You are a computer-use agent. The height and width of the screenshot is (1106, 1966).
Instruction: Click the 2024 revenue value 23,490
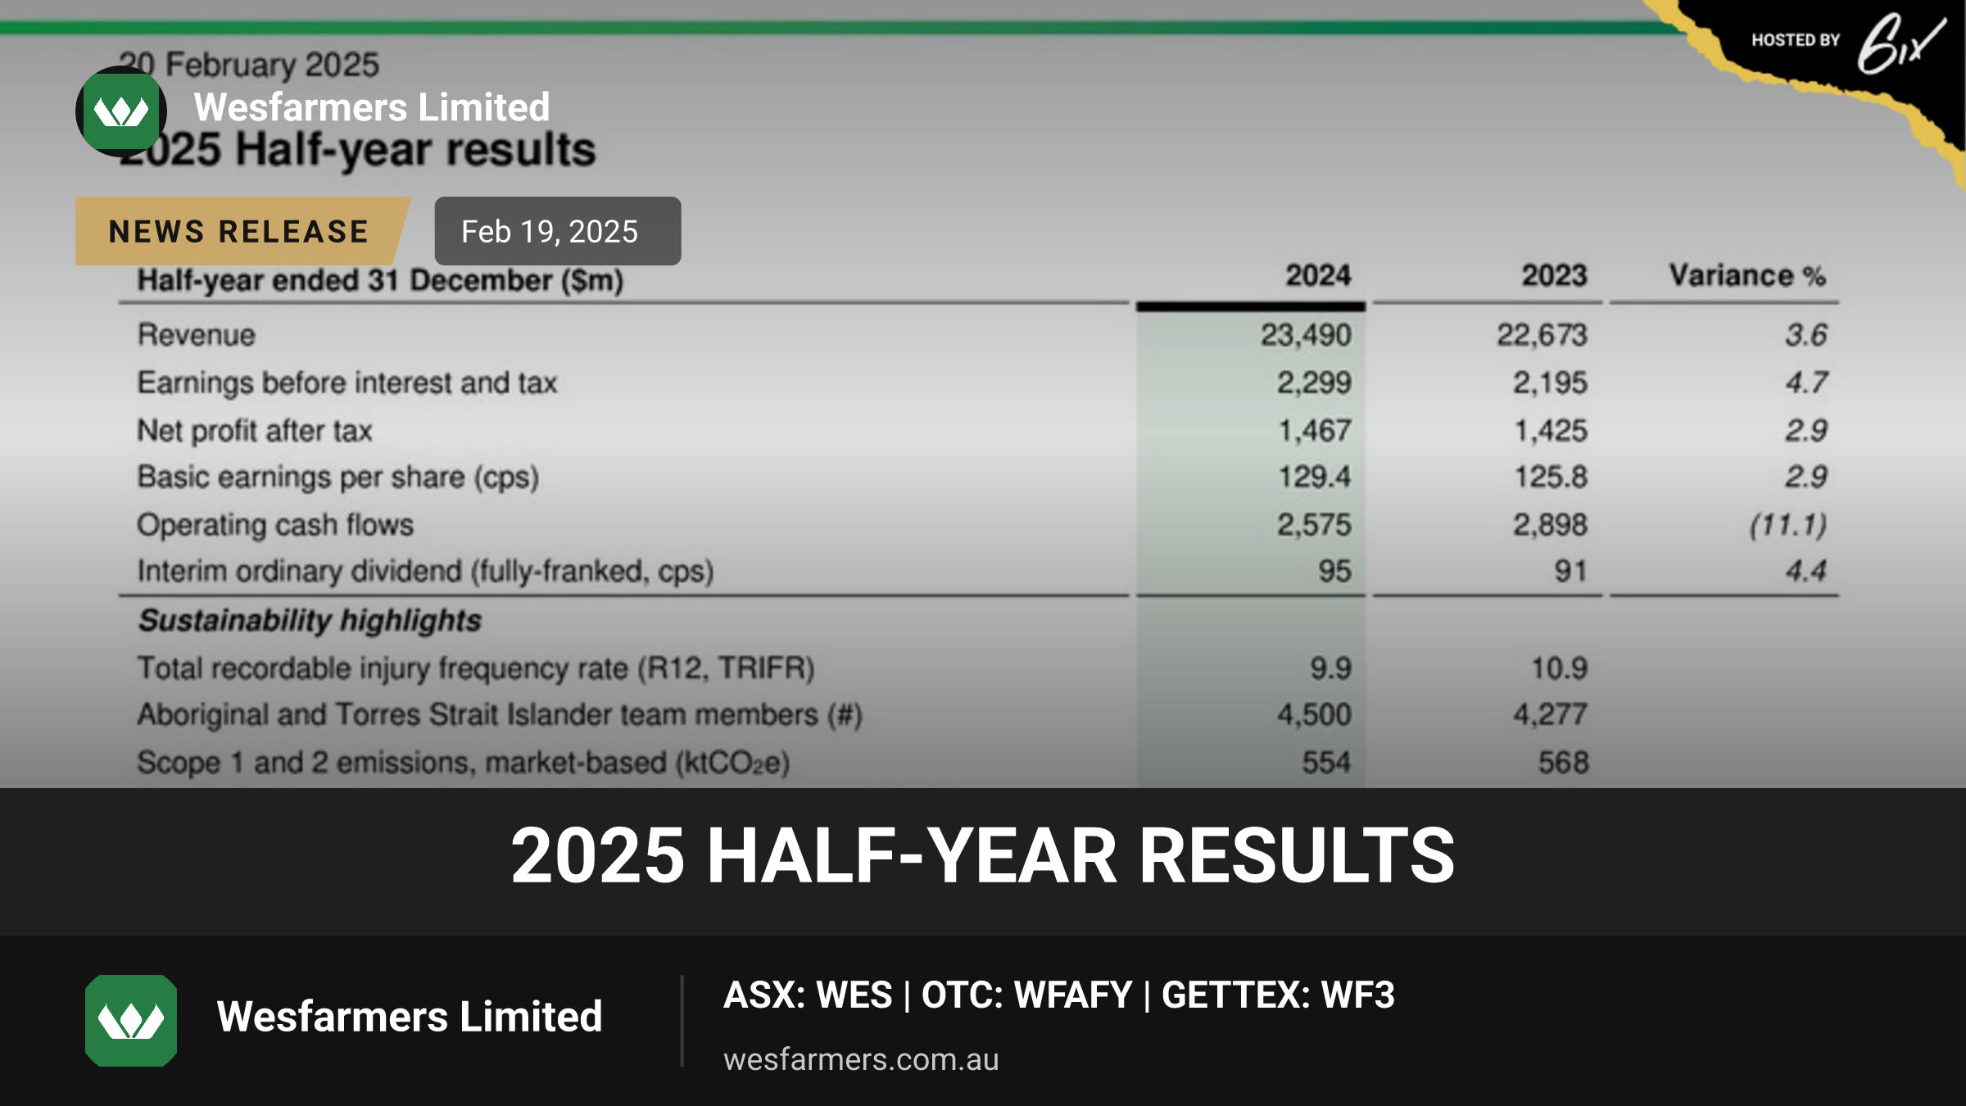pyautogui.click(x=1306, y=335)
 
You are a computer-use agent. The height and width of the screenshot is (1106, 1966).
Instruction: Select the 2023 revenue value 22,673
pyautogui.click(x=1542, y=335)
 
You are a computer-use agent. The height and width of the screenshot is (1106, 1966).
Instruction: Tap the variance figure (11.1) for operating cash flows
pyautogui.click(x=1788, y=524)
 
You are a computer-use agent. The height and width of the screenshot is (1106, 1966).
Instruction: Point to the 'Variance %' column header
pyautogui.click(x=1747, y=275)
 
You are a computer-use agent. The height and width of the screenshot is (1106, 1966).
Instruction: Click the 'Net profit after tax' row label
pyautogui.click(x=255, y=430)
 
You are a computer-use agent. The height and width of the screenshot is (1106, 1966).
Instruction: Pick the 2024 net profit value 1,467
pyautogui.click(x=1315, y=430)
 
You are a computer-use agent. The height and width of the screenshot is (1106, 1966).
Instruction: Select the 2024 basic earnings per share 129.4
pyautogui.click(x=1315, y=477)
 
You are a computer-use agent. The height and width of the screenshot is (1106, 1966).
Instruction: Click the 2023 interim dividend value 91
pyautogui.click(x=1570, y=571)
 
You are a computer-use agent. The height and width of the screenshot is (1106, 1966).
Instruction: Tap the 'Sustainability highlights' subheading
pyautogui.click(x=310, y=620)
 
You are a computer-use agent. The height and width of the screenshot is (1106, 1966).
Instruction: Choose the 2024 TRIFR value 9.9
pyautogui.click(x=1330, y=668)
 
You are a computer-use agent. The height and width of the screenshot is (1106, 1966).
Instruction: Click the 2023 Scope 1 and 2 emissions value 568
pyautogui.click(x=1563, y=763)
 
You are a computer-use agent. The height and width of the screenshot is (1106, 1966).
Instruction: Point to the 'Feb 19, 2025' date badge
pyautogui.click(x=557, y=231)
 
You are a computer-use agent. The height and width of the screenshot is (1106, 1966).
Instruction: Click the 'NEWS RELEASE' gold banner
pyautogui.click(x=242, y=231)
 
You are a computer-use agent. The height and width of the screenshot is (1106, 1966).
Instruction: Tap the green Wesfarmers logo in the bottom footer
pyautogui.click(x=131, y=1020)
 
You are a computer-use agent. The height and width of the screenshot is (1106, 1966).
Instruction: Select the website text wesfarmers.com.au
pyautogui.click(x=861, y=1059)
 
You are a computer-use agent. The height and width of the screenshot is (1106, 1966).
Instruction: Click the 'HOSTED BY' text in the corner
pyautogui.click(x=1796, y=40)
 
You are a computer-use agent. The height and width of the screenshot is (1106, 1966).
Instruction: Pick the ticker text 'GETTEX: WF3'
pyautogui.click(x=1278, y=995)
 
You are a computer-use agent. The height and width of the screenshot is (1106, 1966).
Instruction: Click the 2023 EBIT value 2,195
pyautogui.click(x=1550, y=383)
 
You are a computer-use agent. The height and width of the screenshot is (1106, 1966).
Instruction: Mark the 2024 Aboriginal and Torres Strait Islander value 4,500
pyautogui.click(x=1314, y=714)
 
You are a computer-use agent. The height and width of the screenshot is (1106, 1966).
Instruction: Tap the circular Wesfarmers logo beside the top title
pyautogui.click(x=121, y=111)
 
